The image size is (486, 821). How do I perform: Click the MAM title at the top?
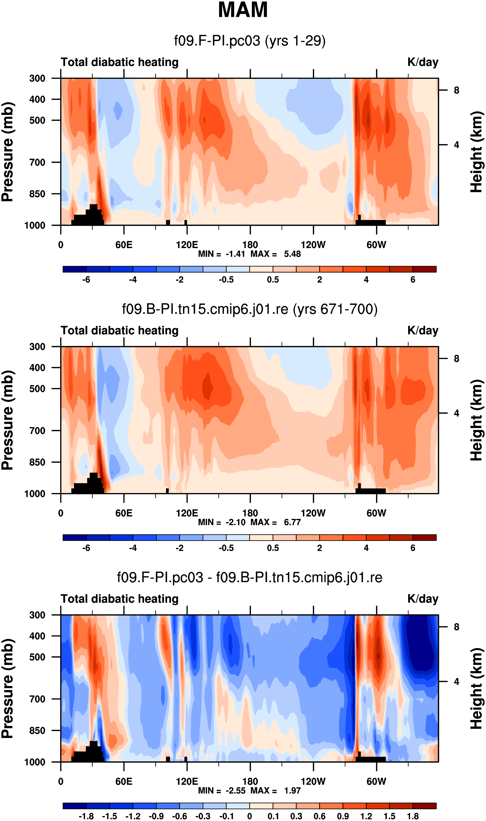coord(243,10)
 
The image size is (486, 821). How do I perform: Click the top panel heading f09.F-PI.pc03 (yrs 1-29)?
coord(250,41)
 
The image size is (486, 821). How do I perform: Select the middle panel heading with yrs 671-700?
coord(250,309)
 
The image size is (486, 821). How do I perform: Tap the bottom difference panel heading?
coord(250,577)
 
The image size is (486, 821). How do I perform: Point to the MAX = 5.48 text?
coord(275,254)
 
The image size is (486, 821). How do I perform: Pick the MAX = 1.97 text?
coord(275,791)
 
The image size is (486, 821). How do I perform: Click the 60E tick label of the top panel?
coord(124,245)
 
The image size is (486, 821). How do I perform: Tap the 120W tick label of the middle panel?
coord(313,513)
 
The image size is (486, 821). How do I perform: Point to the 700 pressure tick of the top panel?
coord(38,162)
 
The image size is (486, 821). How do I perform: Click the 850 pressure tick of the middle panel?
coord(38,462)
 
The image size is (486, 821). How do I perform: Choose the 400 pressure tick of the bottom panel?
coord(38,636)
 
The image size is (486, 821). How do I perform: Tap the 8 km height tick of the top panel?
coord(456,90)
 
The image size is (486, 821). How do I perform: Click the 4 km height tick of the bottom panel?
coord(456,681)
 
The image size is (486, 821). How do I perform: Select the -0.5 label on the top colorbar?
coord(226,280)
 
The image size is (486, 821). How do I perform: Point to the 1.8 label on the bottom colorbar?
coord(413,816)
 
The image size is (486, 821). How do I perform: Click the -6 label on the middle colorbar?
coord(86,548)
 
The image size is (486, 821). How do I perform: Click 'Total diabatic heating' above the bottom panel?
coord(120,599)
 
